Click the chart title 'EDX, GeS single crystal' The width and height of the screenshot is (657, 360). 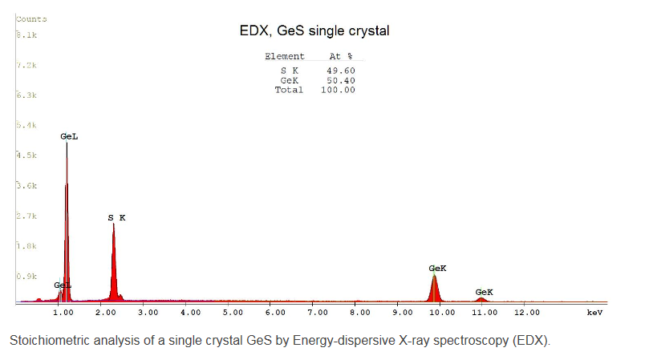point(314,31)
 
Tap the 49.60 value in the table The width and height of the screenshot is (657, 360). point(342,71)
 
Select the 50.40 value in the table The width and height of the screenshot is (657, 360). point(342,80)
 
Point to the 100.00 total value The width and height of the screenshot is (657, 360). point(339,90)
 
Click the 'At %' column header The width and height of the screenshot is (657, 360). point(341,56)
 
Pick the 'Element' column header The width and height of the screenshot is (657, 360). point(285,56)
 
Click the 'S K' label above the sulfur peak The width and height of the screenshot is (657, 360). point(117,217)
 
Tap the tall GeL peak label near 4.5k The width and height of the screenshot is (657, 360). point(69,136)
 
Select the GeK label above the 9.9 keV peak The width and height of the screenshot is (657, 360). point(438,268)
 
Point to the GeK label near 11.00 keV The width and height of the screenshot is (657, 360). point(484,292)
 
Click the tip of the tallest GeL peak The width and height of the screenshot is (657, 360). point(67,144)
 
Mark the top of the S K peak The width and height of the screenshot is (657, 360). point(114,224)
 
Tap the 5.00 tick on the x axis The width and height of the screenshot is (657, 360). point(233,311)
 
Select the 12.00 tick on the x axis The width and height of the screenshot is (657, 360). point(527,311)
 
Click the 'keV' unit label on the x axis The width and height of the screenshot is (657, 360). point(594,311)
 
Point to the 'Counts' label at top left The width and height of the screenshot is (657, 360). point(31,18)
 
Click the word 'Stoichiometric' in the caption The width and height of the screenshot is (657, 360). point(44,340)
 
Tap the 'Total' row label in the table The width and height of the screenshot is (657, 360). point(289,90)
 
